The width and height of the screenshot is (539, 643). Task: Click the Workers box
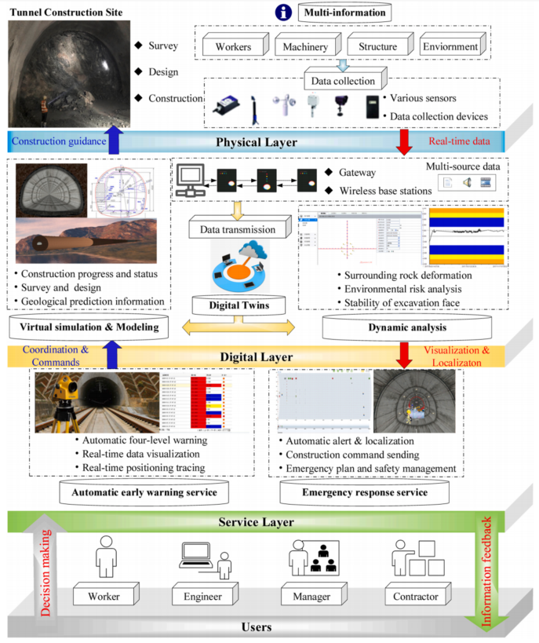pos(232,46)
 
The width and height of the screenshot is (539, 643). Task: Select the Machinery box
pos(305,46)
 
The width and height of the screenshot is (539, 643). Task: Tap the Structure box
pos(377,46)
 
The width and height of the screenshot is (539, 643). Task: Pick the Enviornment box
pos(450,46)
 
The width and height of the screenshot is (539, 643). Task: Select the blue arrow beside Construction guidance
pos(115,141)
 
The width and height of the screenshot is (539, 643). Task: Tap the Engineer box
pos(203,597)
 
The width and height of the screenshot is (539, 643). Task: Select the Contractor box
pos(416,597)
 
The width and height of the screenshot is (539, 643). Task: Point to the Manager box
pos(312,597)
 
